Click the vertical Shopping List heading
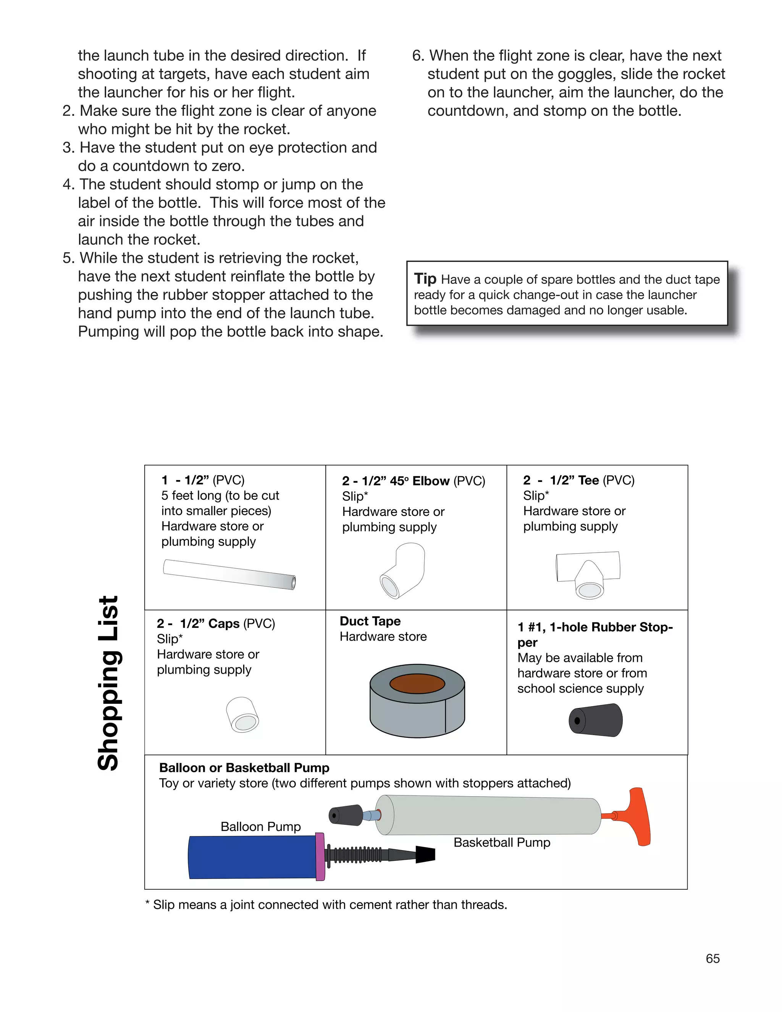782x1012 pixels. tap(109, 683)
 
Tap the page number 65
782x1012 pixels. tap(713, 958)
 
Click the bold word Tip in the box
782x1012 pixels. tap(425, 278)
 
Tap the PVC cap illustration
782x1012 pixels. tap(242, 714)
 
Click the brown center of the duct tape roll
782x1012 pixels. tap(417, 684)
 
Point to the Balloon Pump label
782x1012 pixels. tap(260, 827)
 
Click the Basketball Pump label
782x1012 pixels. tap(502, 842)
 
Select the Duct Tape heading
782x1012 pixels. tap(370, 621)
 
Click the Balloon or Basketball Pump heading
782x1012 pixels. tap(244, 768)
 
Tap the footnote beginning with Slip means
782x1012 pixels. tap(326, 904)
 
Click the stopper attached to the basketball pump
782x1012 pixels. tap(346, 816)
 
